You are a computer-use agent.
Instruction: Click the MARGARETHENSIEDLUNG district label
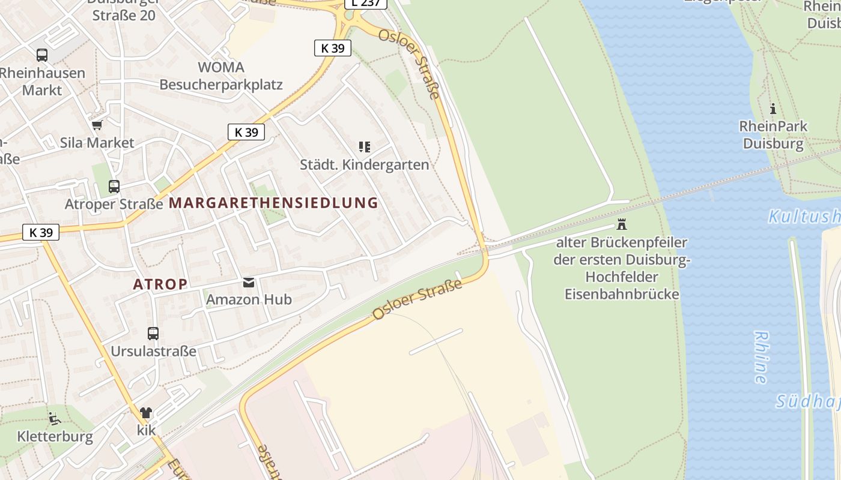coord(273,203)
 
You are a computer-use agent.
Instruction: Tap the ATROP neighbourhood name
coord(160,284)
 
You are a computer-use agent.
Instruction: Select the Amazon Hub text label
coord(249,299)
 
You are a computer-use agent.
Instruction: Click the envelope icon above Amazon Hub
coord(248,283)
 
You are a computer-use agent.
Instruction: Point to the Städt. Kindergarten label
coord(365,164)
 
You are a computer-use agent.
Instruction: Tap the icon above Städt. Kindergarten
coord(364,147)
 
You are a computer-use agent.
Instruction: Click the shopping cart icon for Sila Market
coord(97,125)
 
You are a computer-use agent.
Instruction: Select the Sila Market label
coord(97,143)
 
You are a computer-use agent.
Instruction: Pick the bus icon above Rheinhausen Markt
coord(42,55)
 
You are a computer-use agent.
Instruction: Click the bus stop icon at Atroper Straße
coord(114,187)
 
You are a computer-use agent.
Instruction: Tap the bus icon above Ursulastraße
coord(153,334)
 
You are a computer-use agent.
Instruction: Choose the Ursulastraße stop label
coord(153,351)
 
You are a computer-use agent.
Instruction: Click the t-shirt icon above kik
coord(146,413)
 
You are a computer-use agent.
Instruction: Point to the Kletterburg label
coord(55,436)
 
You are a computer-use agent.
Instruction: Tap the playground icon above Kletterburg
coord(54,418)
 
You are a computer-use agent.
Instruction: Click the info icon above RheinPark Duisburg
coord(773,109)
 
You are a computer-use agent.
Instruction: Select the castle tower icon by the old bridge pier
coord(622,225)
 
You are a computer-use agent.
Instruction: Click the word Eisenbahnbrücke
coord(622,294)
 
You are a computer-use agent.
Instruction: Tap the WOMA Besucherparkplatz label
coord(221,76)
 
